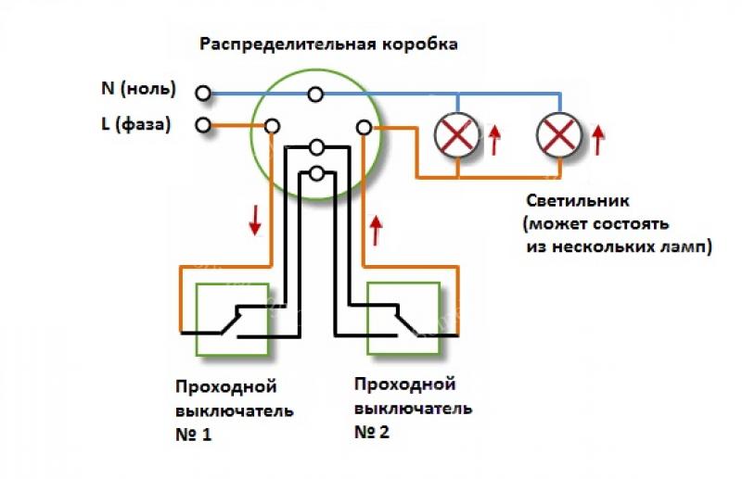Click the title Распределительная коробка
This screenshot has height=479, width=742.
coord(328,44)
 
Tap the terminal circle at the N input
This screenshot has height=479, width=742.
coord(202,93)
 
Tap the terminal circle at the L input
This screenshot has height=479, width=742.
coord(202,125)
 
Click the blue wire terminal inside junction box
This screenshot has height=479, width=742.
coord(316,93)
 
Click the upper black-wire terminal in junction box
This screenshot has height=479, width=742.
coord(316,147)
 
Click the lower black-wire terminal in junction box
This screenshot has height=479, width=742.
coord(316,172)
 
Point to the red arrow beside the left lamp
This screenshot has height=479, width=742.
coord(495,139)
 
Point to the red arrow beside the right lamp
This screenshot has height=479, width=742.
coord(598,139)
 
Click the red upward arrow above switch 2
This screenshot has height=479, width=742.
coord(377,228)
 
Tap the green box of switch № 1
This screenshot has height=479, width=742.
coord(232,319)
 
